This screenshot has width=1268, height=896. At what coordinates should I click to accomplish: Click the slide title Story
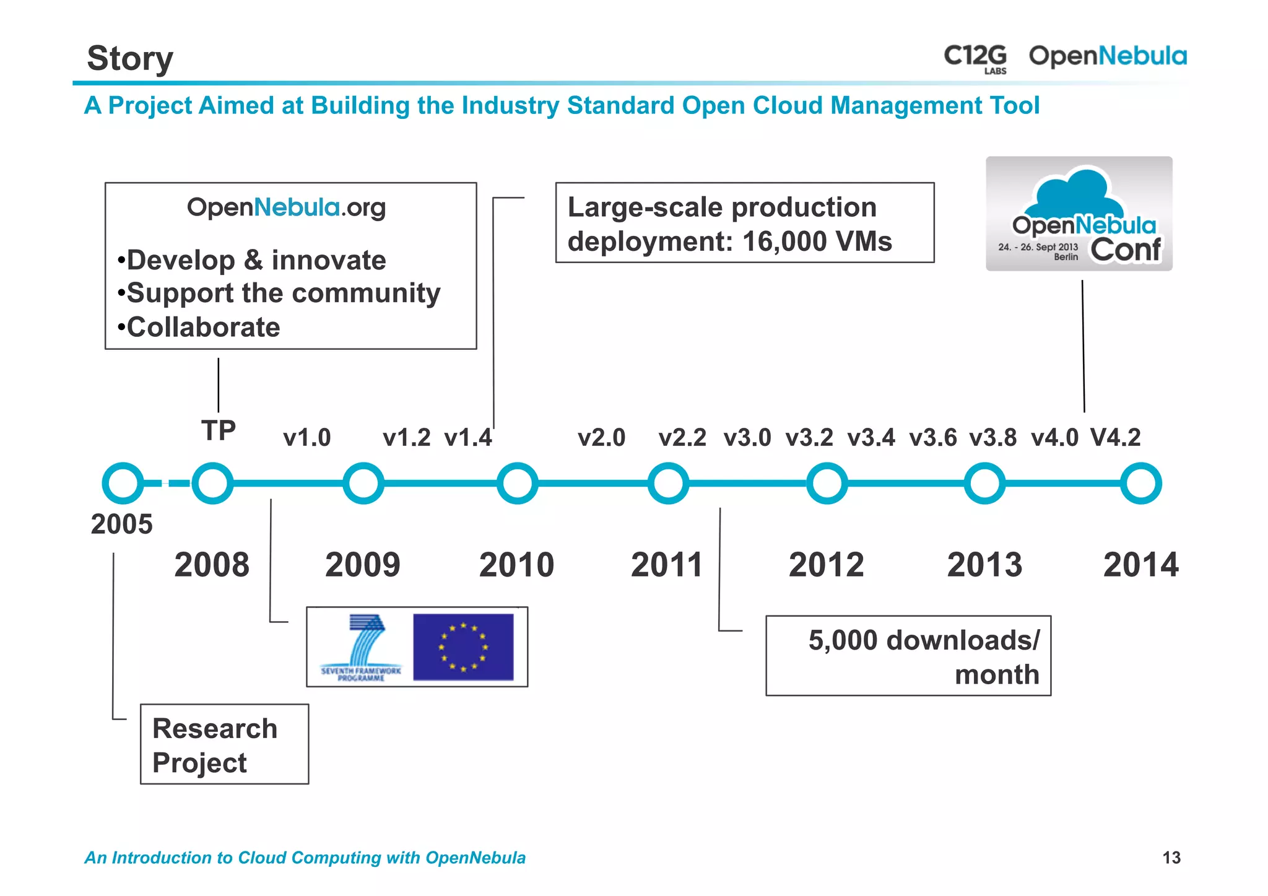point(130,59)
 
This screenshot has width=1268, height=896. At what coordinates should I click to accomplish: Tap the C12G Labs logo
point(975,58)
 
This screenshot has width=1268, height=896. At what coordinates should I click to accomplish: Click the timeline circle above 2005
point(123,483)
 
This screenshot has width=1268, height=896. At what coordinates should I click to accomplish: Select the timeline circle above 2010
point(517,483)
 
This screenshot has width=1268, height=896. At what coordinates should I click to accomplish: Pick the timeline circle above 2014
point(1140,483)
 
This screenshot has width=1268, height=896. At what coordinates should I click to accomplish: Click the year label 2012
point(826,565)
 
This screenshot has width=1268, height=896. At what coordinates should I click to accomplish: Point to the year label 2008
point(212,565)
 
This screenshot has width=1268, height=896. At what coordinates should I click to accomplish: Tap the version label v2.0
point(601,438)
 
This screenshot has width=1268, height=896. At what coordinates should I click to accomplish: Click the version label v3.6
point(932,438)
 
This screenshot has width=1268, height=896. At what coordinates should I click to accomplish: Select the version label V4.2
point(1115,438)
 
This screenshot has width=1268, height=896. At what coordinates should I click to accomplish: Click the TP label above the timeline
point(219,430)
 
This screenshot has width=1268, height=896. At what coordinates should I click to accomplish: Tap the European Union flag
point(463,647)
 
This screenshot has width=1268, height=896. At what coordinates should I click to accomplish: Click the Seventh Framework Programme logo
point(361,647)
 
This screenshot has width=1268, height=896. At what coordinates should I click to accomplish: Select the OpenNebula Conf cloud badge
point(1079,214)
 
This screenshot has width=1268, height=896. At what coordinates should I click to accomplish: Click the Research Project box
point(224,744)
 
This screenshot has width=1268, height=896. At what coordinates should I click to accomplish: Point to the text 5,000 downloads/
point(924,640)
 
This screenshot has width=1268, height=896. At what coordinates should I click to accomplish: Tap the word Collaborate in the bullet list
point(203,327)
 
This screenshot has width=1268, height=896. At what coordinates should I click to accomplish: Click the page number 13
point(1171,858)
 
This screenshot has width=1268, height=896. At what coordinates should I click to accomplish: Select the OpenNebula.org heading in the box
point(286,207)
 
